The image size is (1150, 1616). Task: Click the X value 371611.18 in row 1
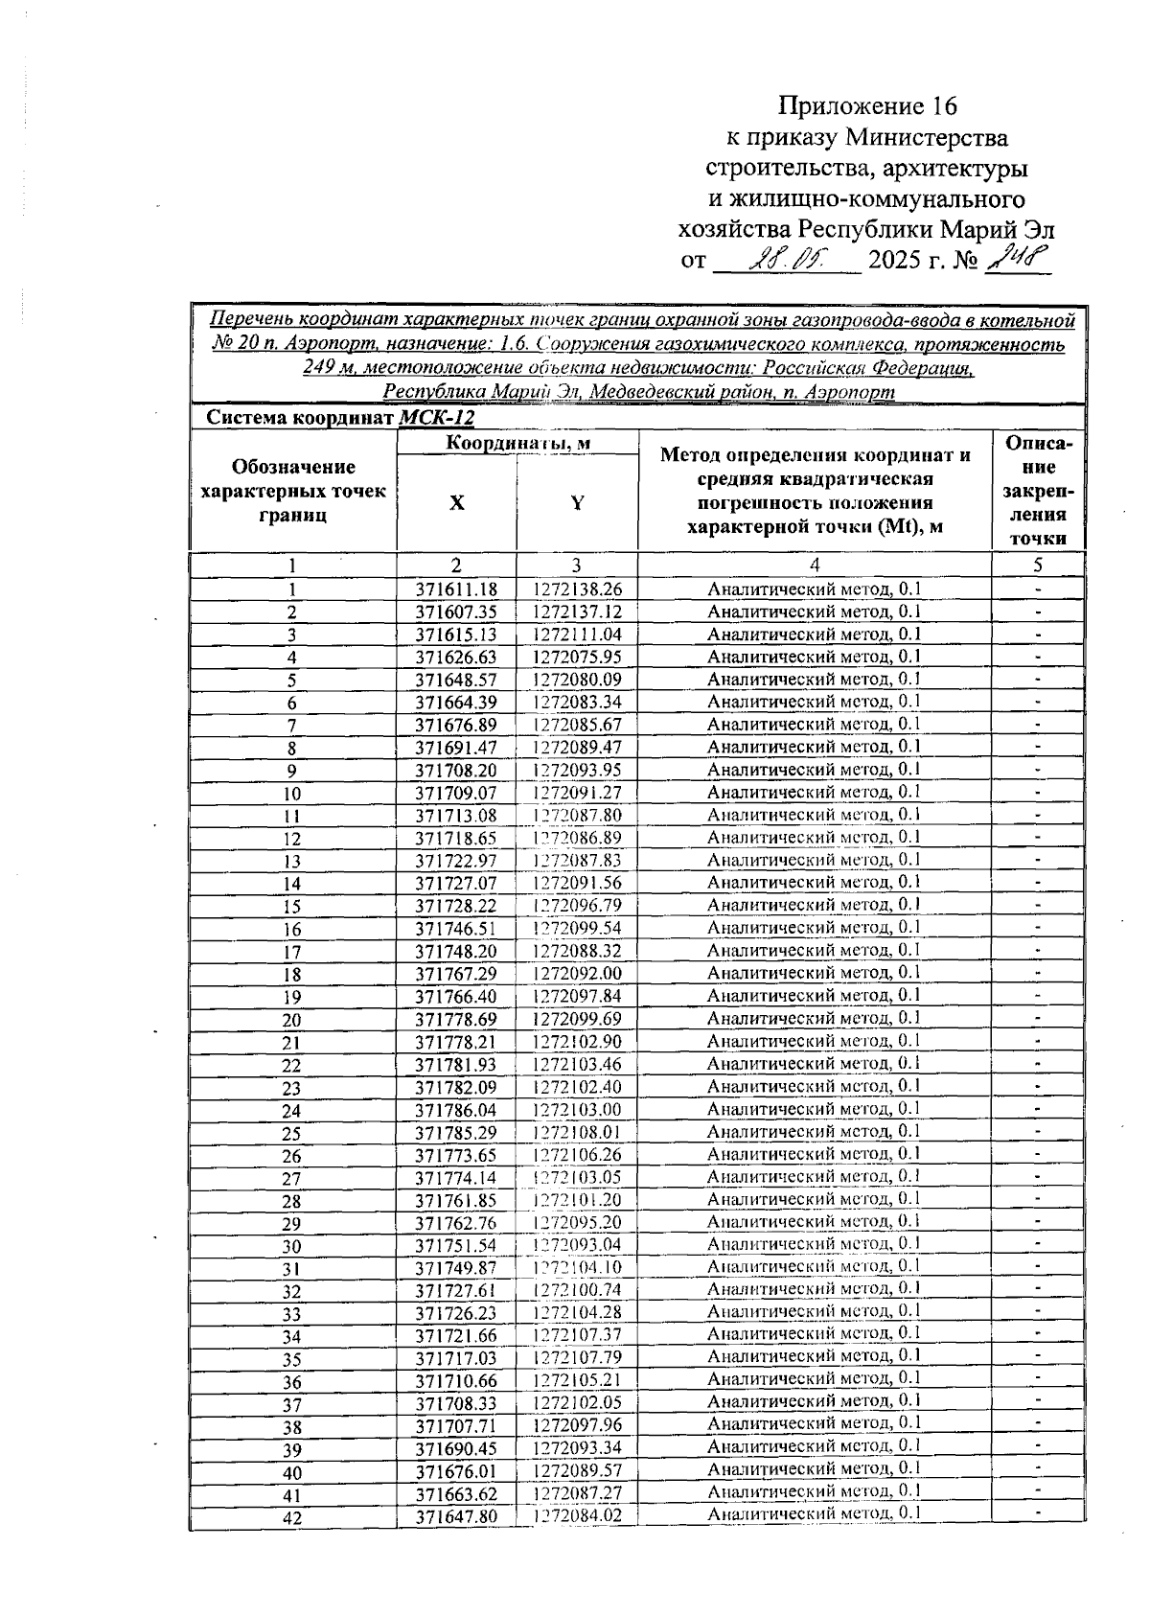(x=456, y=590)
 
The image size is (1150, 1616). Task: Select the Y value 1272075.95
(x=577, y=658)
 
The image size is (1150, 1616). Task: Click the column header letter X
(x=457, y=503)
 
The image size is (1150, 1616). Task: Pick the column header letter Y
(x=577, y=503)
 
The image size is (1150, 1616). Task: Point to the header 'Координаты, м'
(x=517, y=443)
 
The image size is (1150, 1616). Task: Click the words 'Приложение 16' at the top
(x=867, y=105)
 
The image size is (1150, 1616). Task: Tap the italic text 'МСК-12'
(x=436, y=419)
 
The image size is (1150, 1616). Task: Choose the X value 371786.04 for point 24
(x=456, y=1110)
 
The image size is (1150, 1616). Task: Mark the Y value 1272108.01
(x=577, y=1133)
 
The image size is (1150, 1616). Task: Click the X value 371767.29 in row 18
(x=456, y=974)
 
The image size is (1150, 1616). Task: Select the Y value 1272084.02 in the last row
(x=577, y=1516)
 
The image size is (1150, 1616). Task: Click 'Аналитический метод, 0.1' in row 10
(x=814, y=793)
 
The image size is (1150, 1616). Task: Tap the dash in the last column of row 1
(x=1038, y=589)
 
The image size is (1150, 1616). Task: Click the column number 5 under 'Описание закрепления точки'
(x=1038, y=566)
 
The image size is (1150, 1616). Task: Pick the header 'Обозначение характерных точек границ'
(x=293, y=491)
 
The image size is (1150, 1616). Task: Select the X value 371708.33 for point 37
(x=456, y=1403)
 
